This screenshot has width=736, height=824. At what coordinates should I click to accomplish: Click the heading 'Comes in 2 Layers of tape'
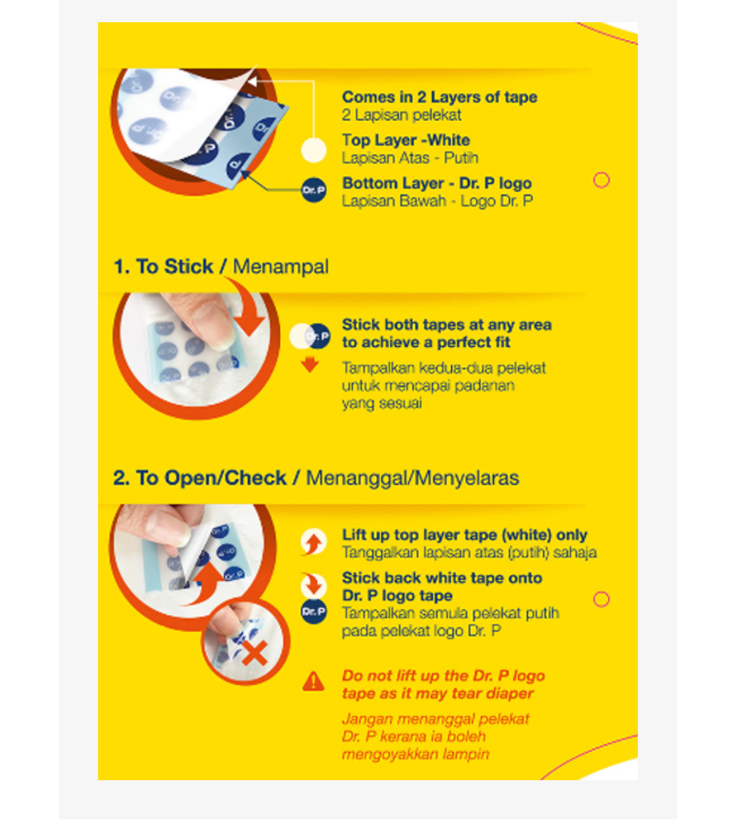tap(440, 97)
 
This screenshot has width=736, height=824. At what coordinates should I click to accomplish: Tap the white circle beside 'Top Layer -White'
tap(313, 150)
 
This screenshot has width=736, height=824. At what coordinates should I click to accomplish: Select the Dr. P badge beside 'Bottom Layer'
tap(313, 190)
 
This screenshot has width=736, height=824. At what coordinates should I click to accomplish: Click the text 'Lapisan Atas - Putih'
tap(410, 158)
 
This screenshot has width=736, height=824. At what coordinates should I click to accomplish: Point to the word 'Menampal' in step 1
tap(280, 267)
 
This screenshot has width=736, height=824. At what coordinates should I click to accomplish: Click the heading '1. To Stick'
tap(164, 267)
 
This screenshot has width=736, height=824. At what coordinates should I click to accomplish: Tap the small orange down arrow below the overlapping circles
tap(309, 364)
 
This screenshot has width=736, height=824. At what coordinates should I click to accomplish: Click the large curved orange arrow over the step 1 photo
tap(247, 304)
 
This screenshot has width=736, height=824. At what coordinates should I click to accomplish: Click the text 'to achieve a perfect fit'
tap(425, 343)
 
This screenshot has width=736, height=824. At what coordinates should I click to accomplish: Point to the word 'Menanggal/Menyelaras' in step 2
tap(412, 478)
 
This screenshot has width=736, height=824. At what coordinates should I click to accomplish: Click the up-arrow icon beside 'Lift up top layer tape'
tap(313, 543)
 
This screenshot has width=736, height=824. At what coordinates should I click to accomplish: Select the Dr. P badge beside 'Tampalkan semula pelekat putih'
tap(313, 611)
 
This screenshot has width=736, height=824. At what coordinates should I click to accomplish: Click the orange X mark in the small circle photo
tap(254, 654)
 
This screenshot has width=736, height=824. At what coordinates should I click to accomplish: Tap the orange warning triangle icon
tap(313, 681)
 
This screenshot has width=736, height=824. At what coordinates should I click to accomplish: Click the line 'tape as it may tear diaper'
tap(438, 694)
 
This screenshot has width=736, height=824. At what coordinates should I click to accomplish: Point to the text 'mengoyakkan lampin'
tap(415, 755)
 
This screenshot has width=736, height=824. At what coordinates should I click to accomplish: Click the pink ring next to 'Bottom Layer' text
tap(601, 180)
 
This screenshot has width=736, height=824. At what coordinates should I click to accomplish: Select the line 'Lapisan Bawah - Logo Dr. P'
tap(437, 201)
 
